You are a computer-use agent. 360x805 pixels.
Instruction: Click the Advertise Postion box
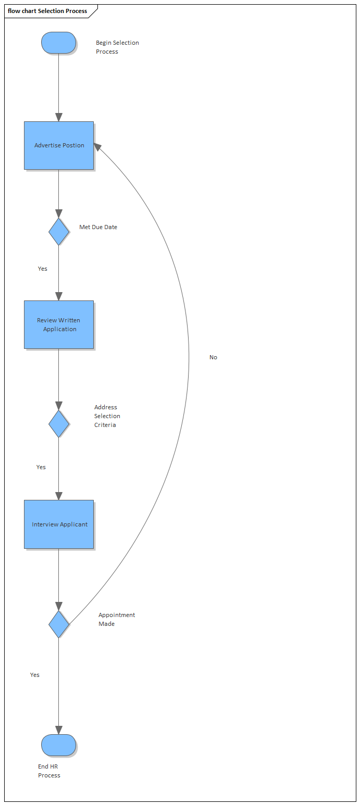click(59, 145)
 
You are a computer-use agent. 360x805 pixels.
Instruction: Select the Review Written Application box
click(59, 324)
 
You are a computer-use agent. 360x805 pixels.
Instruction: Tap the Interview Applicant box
click(59, 524)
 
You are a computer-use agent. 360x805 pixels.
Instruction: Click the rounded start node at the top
click(59, 42)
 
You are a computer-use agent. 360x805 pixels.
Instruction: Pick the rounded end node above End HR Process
click(59, 745)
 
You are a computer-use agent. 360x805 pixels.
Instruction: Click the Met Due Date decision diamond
click(59, 232)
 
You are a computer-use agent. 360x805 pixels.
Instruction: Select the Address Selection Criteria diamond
click(59, 424)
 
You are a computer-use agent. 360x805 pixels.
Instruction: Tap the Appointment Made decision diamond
click(59, 624)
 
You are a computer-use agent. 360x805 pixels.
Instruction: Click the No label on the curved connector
click(213, 357)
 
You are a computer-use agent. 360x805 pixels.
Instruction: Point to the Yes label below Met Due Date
click(43, 269)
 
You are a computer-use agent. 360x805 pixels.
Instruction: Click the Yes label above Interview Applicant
click(41, 467)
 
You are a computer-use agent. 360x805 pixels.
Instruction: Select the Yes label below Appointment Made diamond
click(35, 675)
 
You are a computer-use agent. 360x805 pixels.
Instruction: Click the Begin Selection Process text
click(117, 47)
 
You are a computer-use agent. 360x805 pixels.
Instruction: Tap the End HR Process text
click(49, 771)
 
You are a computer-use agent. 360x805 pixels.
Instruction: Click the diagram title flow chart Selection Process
click(47, 11)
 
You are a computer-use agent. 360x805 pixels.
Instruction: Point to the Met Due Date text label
click(98, 227)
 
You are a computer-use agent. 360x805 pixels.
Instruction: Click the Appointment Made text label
click(117, 619)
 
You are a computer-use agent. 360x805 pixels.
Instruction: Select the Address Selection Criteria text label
click(107, 416)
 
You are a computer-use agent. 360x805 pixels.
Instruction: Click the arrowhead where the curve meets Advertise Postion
click(97, 147)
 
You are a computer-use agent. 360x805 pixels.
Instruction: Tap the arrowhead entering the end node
click(59, 730)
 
